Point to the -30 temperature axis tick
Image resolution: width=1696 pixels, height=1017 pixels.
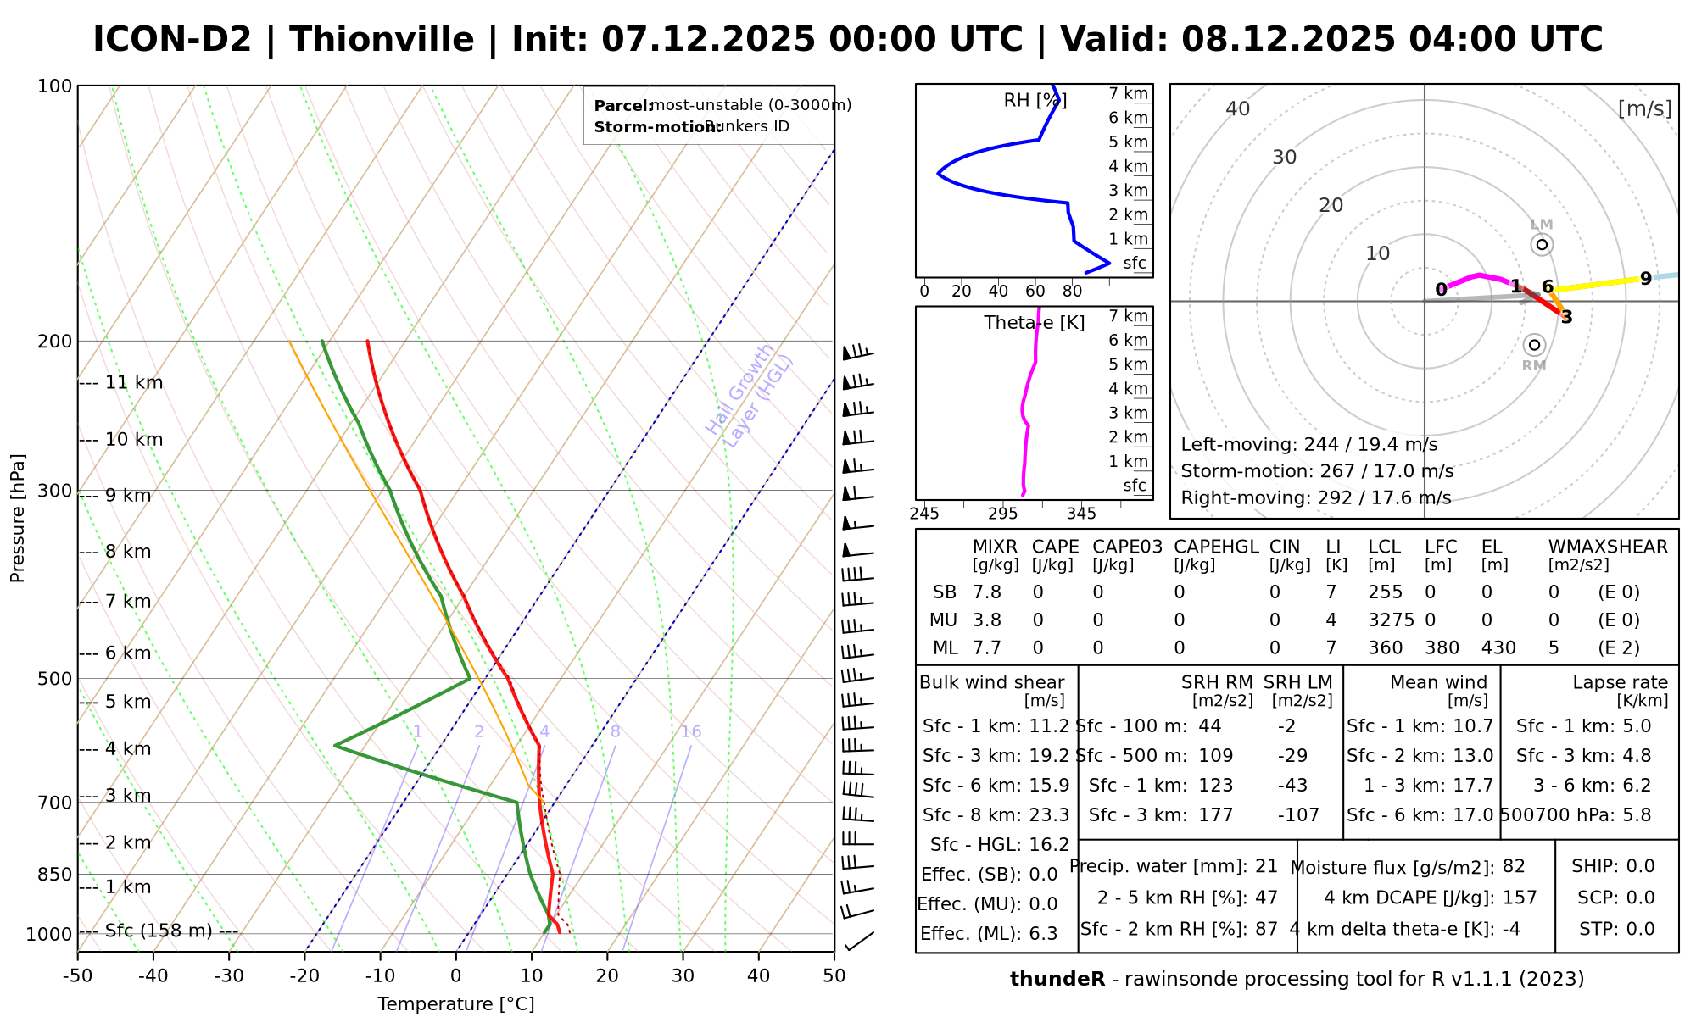point(229,975)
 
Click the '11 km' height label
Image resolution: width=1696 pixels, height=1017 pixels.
point(134,382)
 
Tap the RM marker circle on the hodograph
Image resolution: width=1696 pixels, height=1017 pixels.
point(1534,345)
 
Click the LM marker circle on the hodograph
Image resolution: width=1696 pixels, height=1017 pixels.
point(1542,245)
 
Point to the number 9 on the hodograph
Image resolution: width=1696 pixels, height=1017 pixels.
point(1645,278)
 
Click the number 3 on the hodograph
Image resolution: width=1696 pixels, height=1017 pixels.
point(1566,318)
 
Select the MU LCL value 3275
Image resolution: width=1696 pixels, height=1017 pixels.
point(1391,620)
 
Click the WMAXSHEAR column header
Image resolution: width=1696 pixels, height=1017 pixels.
point(1608,547)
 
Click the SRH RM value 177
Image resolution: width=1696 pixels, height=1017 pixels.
point(1216,814)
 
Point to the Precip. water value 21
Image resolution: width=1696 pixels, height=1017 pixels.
point(1266,866)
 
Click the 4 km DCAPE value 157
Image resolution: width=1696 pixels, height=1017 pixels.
point(1520,898)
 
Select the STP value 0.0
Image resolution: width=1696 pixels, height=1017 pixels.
point(1640,929)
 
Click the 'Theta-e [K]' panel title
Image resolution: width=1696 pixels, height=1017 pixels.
point(1034,323)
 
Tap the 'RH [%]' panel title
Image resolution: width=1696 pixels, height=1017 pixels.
point(1035,101)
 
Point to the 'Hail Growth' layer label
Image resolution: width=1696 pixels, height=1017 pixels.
point(740,389)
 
